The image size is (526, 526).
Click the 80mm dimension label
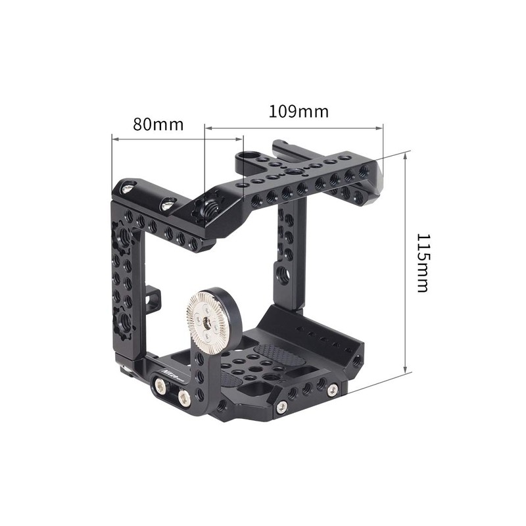point(158,124)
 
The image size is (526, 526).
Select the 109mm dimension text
point(299,111)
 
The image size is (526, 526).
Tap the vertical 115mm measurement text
point(421,263)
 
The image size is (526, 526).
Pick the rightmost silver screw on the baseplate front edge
point(333,391)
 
